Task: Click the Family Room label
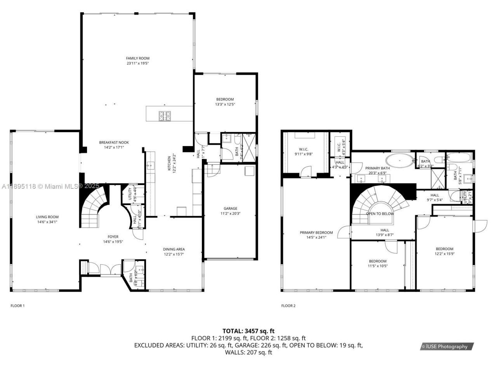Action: [137, 58]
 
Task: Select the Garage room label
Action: [230, 208]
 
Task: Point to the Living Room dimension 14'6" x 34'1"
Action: [47, 222]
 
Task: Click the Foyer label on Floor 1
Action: [113, 237]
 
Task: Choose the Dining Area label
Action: [174, 249]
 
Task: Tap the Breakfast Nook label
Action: [114, 143]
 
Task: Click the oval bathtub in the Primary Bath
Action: [400, 160]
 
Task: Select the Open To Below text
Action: [380, 214]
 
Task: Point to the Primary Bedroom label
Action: [316, 233]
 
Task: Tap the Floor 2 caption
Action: [288, 306]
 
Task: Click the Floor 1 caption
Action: [17, 306]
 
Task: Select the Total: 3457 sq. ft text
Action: [248, 331]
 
